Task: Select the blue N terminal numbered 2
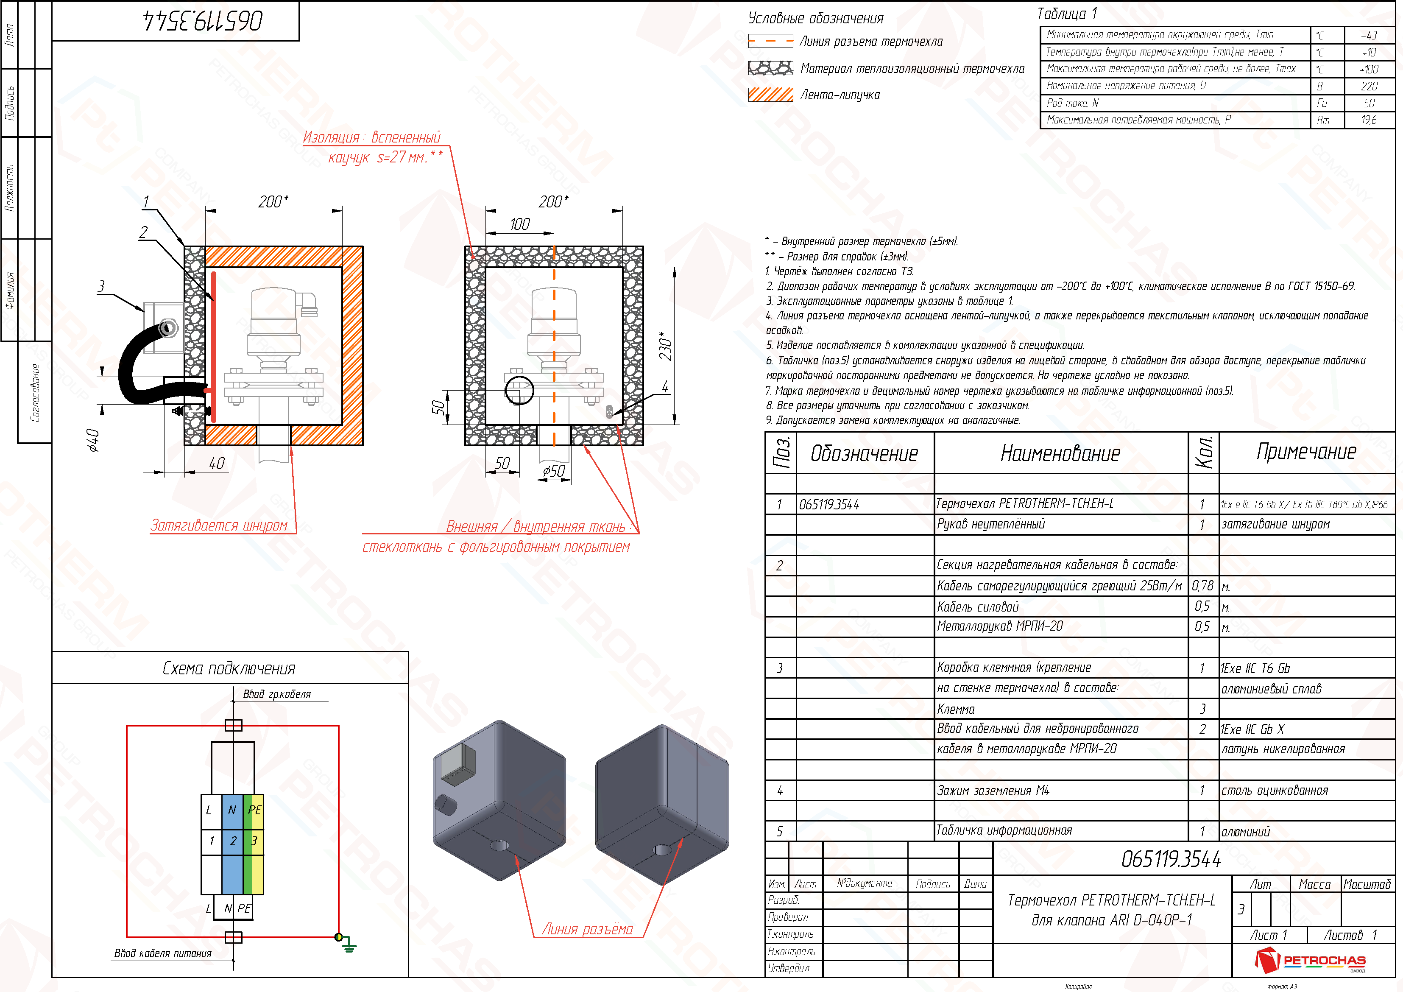tap(232, 841)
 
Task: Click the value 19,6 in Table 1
tap(1368, 120)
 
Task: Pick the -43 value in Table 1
tap(1368, 36)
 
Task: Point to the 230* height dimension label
tap(665, 346)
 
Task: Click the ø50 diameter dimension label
tap(554, 471)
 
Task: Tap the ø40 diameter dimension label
tap(93, 440)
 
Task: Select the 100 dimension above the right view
tap(519, 224)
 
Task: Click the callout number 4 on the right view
tap(665, 386)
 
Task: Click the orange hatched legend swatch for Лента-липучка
tap(770, 95)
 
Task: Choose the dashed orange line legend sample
tap(770, 42)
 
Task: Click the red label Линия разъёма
tap(587, 929)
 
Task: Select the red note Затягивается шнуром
tap(219, 525)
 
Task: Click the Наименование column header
tap(1060, 453)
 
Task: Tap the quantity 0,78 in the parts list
tap(1202, 586)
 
